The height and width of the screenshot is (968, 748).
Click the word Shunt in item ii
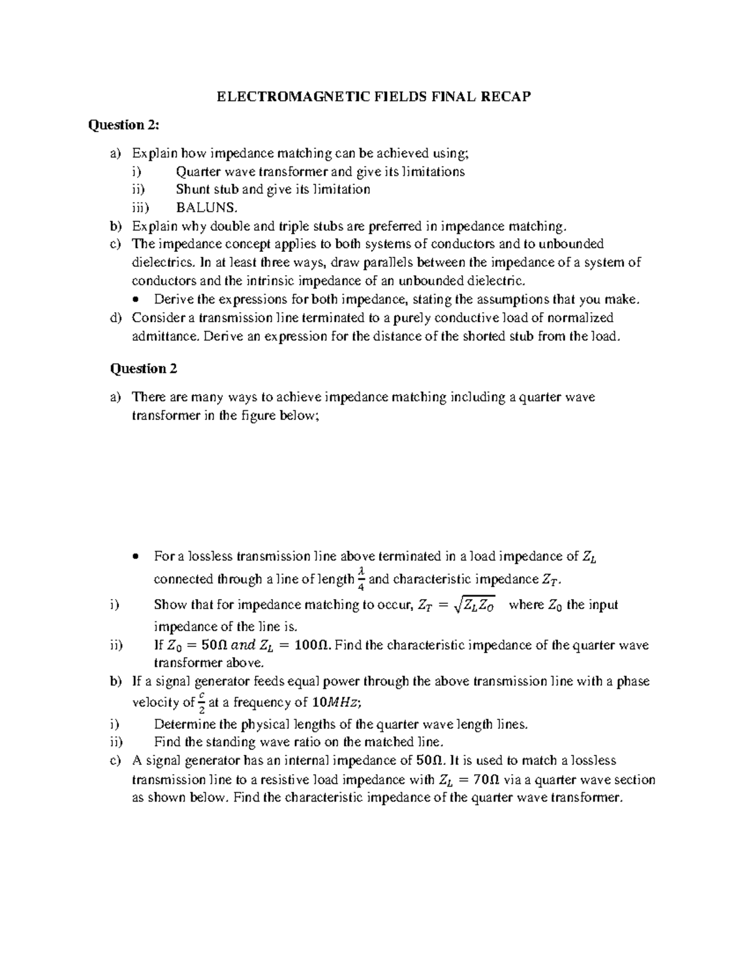(x=192, y=189)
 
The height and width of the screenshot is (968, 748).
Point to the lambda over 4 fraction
(x=361, y=578)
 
